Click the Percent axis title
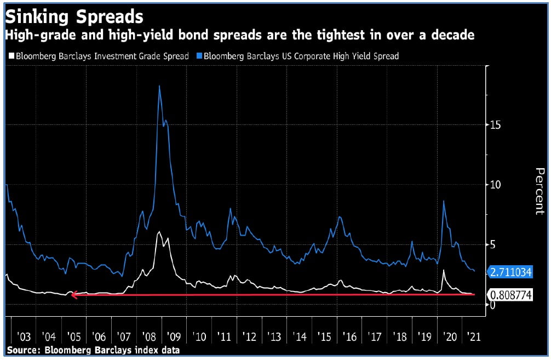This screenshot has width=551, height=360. tap(539, 191)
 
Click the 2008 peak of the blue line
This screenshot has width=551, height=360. tap(159, 87)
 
